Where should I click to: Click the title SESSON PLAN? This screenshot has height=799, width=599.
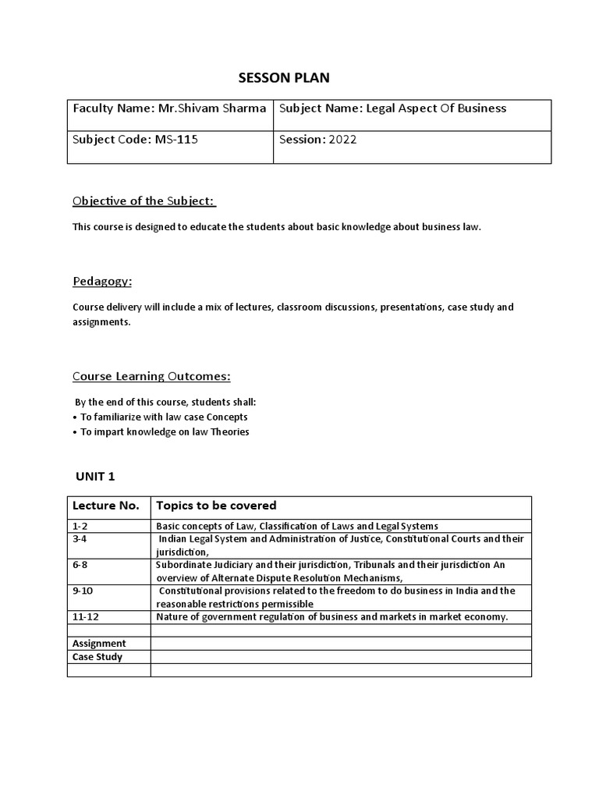284,77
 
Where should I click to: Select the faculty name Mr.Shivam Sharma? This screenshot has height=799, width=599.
212,108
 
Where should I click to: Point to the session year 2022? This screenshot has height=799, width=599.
342,140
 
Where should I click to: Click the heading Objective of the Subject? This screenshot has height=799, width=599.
144,201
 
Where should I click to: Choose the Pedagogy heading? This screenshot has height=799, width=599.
102,281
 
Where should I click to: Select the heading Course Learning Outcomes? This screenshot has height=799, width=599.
151,377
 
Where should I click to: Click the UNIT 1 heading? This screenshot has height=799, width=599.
95,476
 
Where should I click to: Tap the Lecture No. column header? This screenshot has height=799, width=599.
105,506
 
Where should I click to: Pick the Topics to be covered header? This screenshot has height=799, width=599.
216,506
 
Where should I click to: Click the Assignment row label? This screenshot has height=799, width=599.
99,644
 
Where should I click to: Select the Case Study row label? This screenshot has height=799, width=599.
97,657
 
